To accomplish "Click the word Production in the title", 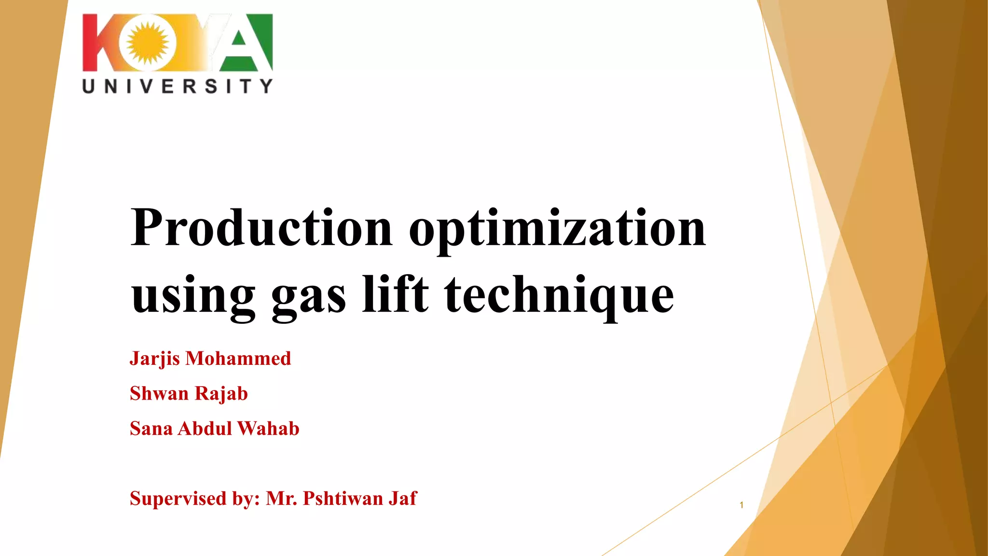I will click(261, 228).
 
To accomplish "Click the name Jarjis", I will click(154, 359).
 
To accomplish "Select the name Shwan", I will click(159, 393).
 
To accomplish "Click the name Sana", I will click(151, 429).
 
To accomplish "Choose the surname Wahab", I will click(268, 429).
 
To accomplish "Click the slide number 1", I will click(741, 505).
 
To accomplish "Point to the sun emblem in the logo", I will click(148, 42).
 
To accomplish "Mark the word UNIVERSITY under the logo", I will click(178, 86).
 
